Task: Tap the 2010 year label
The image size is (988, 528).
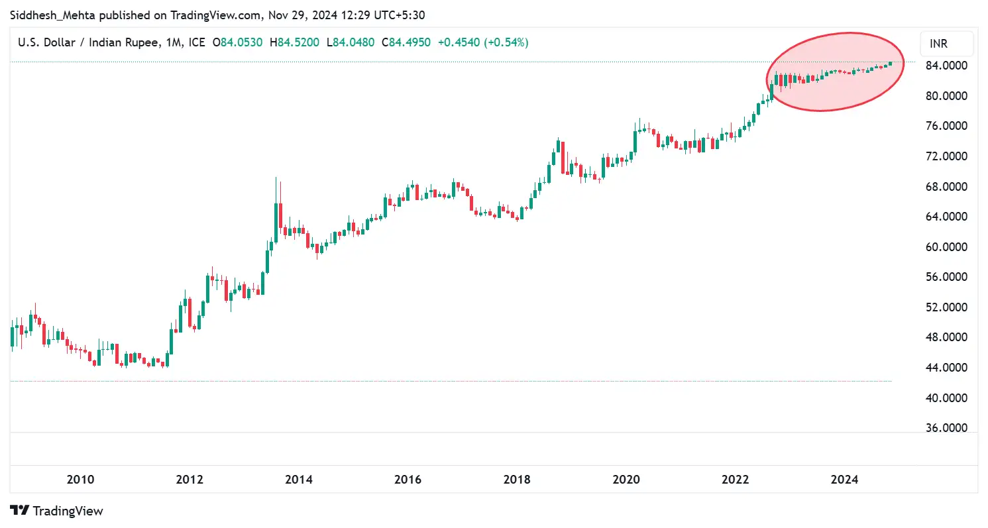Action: click(x=80, y=479)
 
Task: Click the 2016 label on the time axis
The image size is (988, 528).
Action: click(x=408, y=479)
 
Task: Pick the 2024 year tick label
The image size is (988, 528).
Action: click(x=844, y=479)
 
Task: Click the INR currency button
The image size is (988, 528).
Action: click(x=938, y=44)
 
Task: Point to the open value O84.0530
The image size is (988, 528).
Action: click(x=237, y=42)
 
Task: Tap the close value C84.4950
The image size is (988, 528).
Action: click(x=406, y=42)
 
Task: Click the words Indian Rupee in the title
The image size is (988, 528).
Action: click(x=125, y=42)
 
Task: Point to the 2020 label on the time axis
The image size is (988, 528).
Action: click(x=626, y=479)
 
